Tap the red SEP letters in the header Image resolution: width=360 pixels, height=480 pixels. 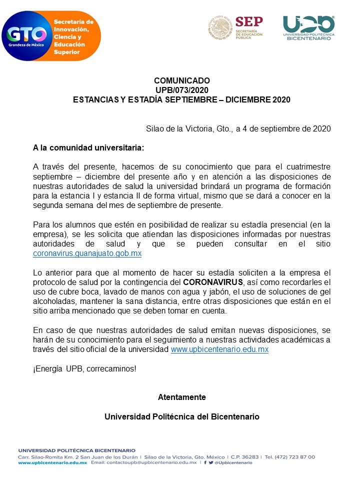click(x=248, y=21)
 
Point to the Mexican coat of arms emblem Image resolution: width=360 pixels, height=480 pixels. click(x=220, y=27)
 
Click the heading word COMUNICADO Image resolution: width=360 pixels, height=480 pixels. click(x=182, y=80)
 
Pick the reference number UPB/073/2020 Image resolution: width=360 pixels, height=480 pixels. click(x=181, y=90)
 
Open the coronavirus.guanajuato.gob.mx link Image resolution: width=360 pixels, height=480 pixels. click(x=87, y=253)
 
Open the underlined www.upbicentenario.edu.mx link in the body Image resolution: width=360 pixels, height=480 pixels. click(x=219, y=349)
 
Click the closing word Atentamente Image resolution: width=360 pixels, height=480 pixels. click(x=181, y=397)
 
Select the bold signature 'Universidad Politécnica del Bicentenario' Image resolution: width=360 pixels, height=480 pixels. click(x=181, y=416)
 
